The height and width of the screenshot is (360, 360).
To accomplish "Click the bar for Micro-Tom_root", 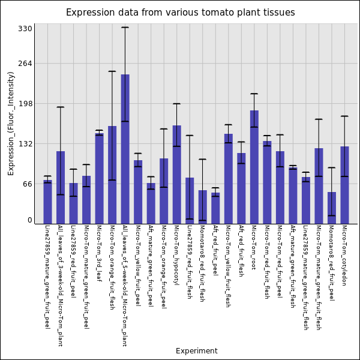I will pos(254,167).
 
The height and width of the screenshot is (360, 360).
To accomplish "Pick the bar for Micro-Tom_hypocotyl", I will pos(176,174).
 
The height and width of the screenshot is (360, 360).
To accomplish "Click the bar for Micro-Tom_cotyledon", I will pos(344,185).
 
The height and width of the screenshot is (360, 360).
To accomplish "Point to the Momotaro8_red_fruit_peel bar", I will pos(331,208).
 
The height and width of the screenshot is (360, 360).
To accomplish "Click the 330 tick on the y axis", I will pos(25,28).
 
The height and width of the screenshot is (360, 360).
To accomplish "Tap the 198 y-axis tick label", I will pos(25,103).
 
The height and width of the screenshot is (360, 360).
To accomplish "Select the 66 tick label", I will pos(26,184).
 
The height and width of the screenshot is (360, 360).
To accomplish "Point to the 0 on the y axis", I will pos(29,220).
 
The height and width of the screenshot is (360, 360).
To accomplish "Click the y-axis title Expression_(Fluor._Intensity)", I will pos(11,123).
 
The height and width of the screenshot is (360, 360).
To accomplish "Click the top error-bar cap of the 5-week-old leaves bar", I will pos(125,27).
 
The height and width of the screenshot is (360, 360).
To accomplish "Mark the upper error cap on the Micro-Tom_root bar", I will pos(254,94).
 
